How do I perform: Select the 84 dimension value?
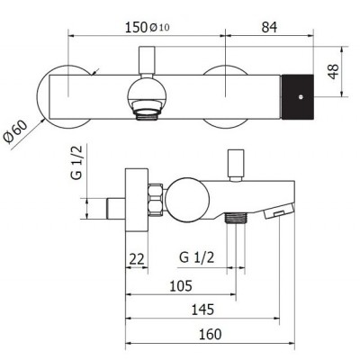click(x=269, y=28)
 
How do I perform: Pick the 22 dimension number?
click(x=137, y=258)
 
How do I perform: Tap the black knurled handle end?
click(x=300, y=90)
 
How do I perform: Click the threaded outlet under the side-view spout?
click(x=237, y=220)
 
